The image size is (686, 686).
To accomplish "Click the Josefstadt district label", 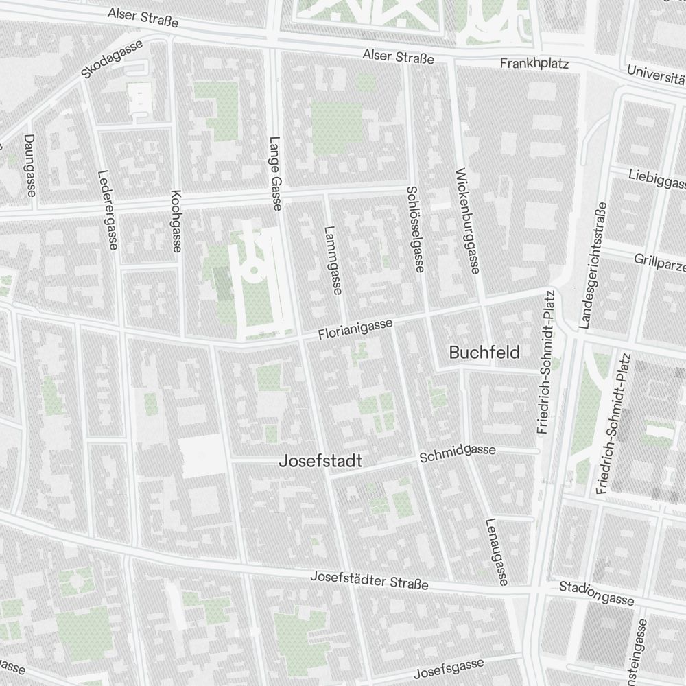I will (x=320, y=462).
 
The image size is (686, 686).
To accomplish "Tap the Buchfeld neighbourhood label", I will (x=484, y=353).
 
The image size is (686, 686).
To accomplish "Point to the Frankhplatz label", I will (x=534, y=64).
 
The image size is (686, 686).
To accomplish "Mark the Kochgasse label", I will (x=176, y=221).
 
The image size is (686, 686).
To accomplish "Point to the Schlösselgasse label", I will (x=416, y=228).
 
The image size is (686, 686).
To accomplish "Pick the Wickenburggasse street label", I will (x=466, y=221).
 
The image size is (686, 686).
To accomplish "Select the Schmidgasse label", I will (x=458, y=452).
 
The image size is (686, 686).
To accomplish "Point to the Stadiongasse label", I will (x=596, y=593).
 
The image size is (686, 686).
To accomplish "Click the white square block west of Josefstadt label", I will (x=202, y=456).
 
